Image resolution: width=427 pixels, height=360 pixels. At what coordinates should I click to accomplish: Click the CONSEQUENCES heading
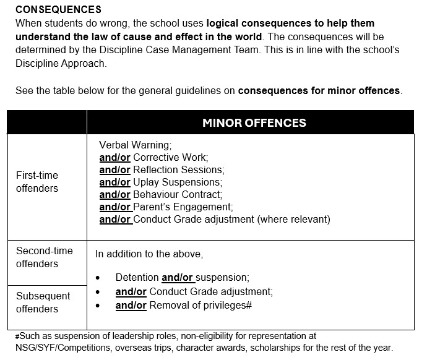58,10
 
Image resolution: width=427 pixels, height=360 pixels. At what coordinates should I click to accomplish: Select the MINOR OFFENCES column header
254,122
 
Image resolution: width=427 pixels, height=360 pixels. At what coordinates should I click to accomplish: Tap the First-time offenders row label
37,182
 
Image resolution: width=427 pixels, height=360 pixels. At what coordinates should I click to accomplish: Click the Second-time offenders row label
45,257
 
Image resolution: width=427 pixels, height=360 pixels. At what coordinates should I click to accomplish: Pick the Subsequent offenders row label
43,302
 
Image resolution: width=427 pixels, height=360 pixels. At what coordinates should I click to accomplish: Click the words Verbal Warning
134,145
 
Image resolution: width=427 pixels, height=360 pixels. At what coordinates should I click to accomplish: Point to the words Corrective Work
170,157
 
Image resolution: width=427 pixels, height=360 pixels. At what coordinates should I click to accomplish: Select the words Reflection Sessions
178,169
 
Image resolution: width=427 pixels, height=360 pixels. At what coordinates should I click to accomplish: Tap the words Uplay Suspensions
177,182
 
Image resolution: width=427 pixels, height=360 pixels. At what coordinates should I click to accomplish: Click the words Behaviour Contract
178,194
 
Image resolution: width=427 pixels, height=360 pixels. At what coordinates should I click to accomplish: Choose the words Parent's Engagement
183,207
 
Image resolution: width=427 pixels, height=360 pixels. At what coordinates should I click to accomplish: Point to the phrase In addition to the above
149,254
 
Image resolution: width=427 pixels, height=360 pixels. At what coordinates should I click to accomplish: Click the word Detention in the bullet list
137,278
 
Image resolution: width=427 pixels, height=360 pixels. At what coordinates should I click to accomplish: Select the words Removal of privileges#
201,305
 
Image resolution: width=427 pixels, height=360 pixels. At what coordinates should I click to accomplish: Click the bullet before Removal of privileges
98,306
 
